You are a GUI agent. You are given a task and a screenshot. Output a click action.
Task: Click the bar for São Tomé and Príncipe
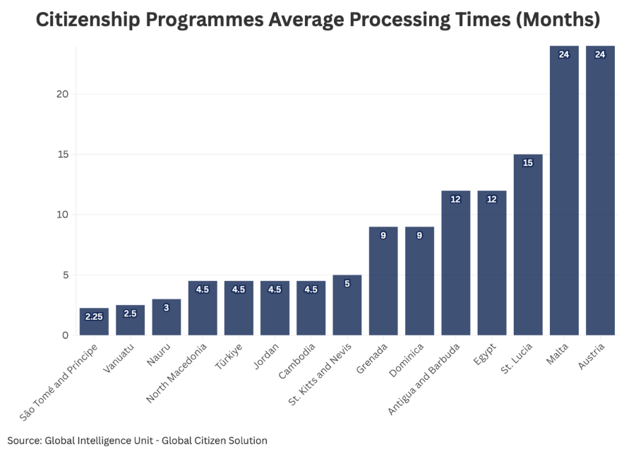click(x=94, y=321)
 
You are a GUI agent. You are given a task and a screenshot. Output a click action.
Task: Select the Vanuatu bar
click(x=130, y=320)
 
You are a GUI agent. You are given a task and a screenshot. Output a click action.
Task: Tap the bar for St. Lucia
click(x=528, y=244)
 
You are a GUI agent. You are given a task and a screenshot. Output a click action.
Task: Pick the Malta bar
click(x=564, y=190)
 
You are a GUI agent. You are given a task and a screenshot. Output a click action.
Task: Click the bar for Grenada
click(x=383, y=281)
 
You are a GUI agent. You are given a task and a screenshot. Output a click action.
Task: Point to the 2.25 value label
click(x=94, y=317)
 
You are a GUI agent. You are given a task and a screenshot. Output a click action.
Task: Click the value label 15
click(x=528, y=163)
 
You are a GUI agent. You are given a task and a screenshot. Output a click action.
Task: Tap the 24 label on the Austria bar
click(x=600, y=54)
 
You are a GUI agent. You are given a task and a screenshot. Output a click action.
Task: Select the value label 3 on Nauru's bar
click(x=167, y=308)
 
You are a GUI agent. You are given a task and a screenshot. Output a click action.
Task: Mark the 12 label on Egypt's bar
click(x=491, y=199)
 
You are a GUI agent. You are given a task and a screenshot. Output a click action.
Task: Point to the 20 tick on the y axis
click(x=62, y=94)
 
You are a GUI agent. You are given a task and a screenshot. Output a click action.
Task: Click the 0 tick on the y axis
click(x=66, y=335)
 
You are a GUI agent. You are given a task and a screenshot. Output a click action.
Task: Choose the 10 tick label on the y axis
click(x=62, y=215)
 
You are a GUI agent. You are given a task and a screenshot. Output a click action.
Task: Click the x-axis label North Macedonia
click(x=176, y=373)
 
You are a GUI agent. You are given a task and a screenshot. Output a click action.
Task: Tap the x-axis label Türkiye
click(x=229, y=357)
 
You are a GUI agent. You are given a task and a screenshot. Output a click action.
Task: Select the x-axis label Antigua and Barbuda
click(x=424, y=379)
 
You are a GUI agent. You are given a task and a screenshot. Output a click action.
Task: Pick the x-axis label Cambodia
click(x=297, y=361)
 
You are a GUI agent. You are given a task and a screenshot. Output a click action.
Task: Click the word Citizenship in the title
click(x=88, y=20)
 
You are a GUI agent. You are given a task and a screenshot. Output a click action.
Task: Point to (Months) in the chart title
click(x=558, y=19)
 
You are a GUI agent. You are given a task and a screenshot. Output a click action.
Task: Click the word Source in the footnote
click(x=24, y=441)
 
